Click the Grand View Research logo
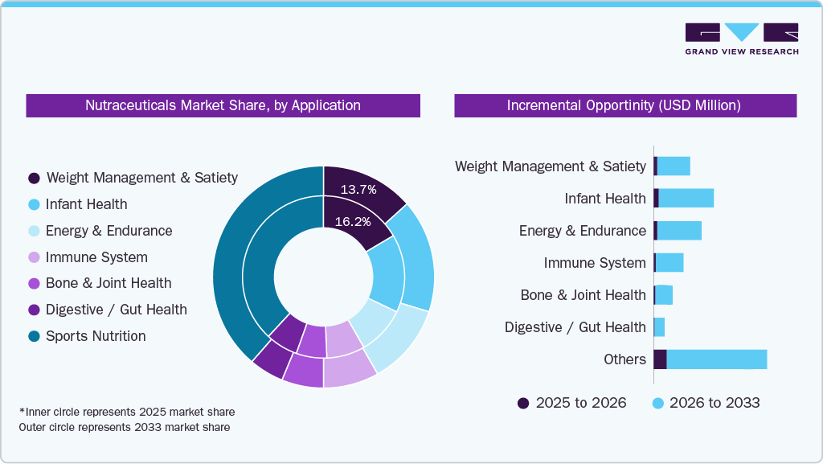[741, 39]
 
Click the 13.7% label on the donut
[358, 190]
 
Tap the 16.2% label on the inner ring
[353, 221]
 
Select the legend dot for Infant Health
[34, 204]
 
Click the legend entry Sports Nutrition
[96, 336]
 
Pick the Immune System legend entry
[96, 257]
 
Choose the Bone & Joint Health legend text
[109, 283]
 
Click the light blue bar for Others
[716, 359]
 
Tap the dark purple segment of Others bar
[660, 359]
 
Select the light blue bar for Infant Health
[686, 199]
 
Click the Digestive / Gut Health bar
[659, 327]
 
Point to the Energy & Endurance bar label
[582, 231]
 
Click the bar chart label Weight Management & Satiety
[550, 166]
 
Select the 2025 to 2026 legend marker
[523, 403]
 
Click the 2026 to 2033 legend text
[714, 403]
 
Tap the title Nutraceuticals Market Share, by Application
[223, 105]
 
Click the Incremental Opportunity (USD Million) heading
[624, 105]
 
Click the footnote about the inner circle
[127, 412]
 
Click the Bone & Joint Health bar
[663, 295]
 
